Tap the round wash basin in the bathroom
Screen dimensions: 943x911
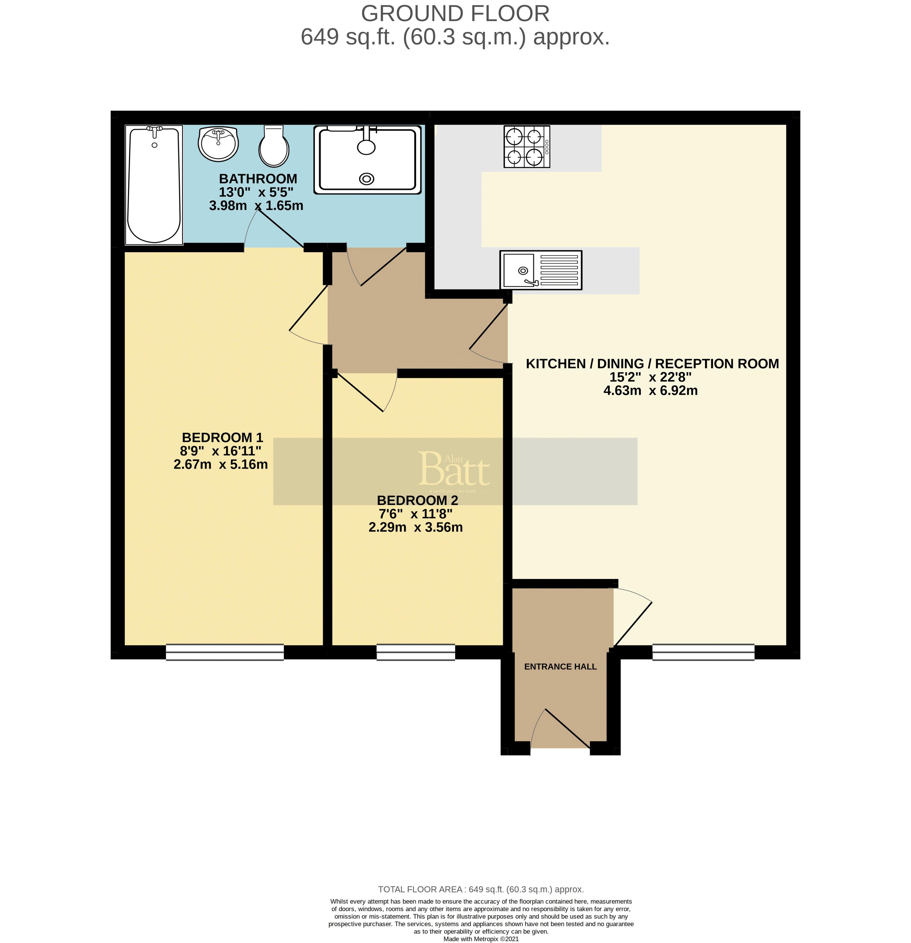point(218,143)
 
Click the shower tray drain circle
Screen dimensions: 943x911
point(367,179)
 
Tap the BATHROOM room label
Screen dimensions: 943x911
point(258,178)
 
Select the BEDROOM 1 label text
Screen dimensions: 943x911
point(222,437)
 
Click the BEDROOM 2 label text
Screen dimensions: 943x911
point(417,500)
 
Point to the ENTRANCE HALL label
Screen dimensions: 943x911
point(560,666)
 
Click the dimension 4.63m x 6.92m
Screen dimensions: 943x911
point(650,390)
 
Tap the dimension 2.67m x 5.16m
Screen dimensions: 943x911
point(220,464)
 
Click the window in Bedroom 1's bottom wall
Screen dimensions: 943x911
point(225,652)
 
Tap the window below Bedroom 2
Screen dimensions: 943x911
point(415,652)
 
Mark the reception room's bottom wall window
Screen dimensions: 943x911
point(703,652)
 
